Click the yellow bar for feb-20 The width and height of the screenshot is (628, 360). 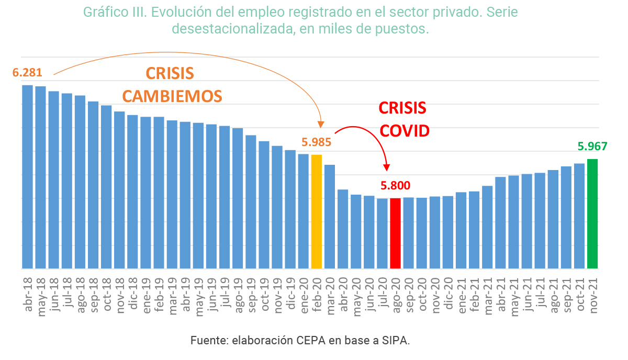click(317, 211)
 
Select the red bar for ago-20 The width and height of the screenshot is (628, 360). click(395, 233)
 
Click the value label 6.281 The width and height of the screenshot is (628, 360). click(27, 73)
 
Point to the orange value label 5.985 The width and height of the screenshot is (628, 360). click(316, 142)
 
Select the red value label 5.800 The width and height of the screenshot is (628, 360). click(395, 185)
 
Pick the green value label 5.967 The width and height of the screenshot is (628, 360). click(592, 146)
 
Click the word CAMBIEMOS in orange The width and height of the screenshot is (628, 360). click(172, 96)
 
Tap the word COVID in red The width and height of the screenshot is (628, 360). click(404, 131)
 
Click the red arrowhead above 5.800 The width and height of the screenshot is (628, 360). click(387, 167)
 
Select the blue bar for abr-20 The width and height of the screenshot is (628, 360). click(343, 229)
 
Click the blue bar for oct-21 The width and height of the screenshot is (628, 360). click(579, 216)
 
